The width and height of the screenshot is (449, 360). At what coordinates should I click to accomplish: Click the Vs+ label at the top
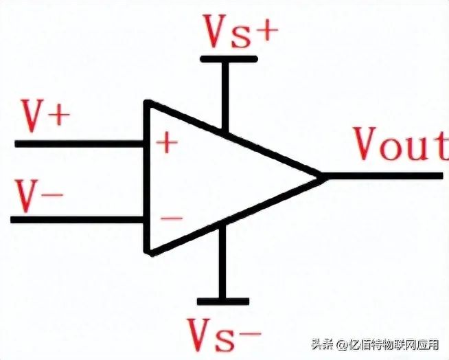[x=240, y=32]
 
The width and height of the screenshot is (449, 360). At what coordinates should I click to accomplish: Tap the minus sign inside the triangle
[x=171, y=218]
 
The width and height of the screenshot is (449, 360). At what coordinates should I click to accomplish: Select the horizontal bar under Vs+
[x=229, y=59]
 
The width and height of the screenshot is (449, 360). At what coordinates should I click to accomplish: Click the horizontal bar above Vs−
[x=222, y=301]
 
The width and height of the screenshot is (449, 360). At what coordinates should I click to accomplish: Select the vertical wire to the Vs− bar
[x=220, y=265]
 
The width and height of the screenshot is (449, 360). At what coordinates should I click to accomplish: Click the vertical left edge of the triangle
[x=146, y=179]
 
